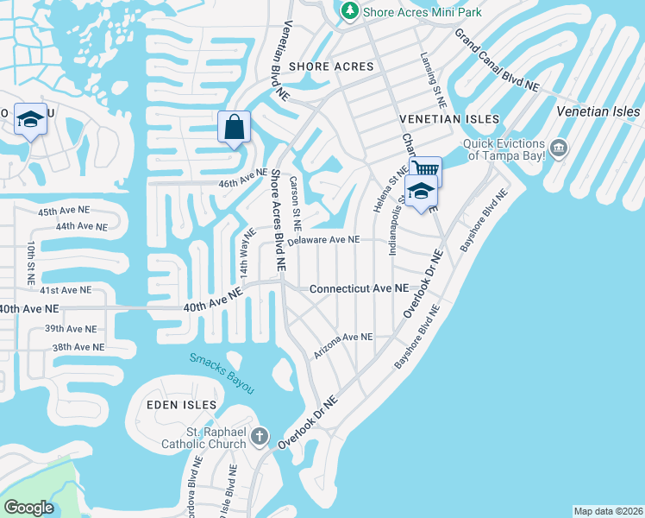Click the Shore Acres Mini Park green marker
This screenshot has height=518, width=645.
click(x=349, y=10)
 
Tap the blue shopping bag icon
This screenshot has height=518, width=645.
click(x=235, y=128)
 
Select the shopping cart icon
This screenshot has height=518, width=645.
click(x=424, y=169)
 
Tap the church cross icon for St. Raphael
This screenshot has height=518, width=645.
click(x=261, y=438)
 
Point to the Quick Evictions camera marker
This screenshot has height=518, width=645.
click(x=559, y=149)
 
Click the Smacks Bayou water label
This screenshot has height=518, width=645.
click(x=222, y=373)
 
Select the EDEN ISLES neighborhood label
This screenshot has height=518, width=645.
click(x=167, y=405)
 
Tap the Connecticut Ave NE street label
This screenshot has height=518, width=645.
click(x=359, y=288)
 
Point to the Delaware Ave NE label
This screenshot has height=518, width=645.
click(x=323, y=241)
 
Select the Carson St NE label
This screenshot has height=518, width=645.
click(x=295, y=199)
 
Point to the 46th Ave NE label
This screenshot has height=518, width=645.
click(x=242, y=177)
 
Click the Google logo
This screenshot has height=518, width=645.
click(x=28, y=508)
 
